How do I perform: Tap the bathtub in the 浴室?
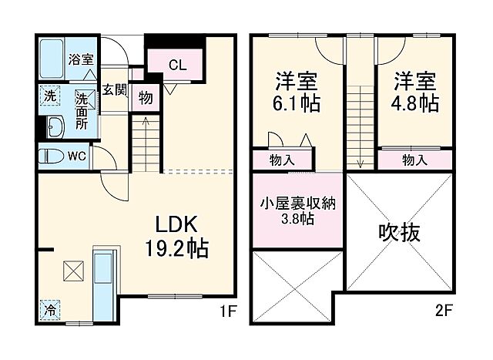(52, 59)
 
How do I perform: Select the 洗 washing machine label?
(48, 98)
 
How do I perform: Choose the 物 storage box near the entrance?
(144, 98)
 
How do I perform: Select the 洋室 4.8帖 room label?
(417, 90)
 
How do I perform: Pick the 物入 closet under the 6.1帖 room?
(283, 160)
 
